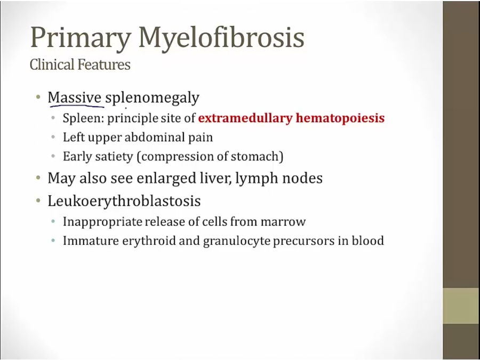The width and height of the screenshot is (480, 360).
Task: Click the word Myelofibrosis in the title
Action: click(x=221, y=38)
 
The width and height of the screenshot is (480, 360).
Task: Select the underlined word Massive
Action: click(x=74, y=98)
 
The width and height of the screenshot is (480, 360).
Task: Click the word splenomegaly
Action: click(x=152, y=98)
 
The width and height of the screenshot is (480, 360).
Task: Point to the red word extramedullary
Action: click(x=245, y=118)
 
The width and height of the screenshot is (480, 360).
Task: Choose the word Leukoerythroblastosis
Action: click(x=124, y=201)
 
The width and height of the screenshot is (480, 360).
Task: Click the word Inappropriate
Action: click(x=102, y=222)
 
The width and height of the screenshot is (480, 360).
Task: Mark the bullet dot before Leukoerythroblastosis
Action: click(x=38, y=201)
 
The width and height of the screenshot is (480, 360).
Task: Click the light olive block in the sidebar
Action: click(x=461, y=306)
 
